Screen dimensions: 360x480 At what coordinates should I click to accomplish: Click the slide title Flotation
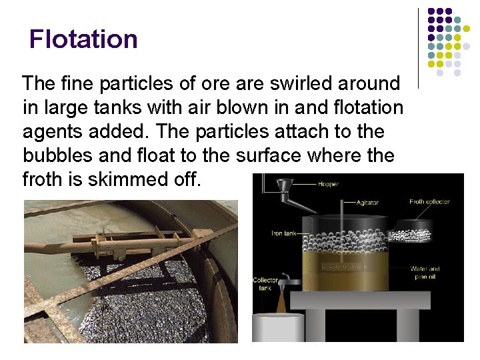[x=83, y=39]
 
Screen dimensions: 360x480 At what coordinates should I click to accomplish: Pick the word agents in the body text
[x=52, y=131]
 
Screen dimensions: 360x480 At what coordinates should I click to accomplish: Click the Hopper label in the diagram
[x=328, y=184]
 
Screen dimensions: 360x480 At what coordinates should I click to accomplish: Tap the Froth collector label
[x=429, y=201]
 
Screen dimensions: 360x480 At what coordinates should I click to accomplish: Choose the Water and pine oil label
[x=425, y=273]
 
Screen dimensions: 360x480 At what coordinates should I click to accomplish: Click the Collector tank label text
[x=265, y=285]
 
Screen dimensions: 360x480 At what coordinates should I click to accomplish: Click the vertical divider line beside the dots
[x=418, y=47]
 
